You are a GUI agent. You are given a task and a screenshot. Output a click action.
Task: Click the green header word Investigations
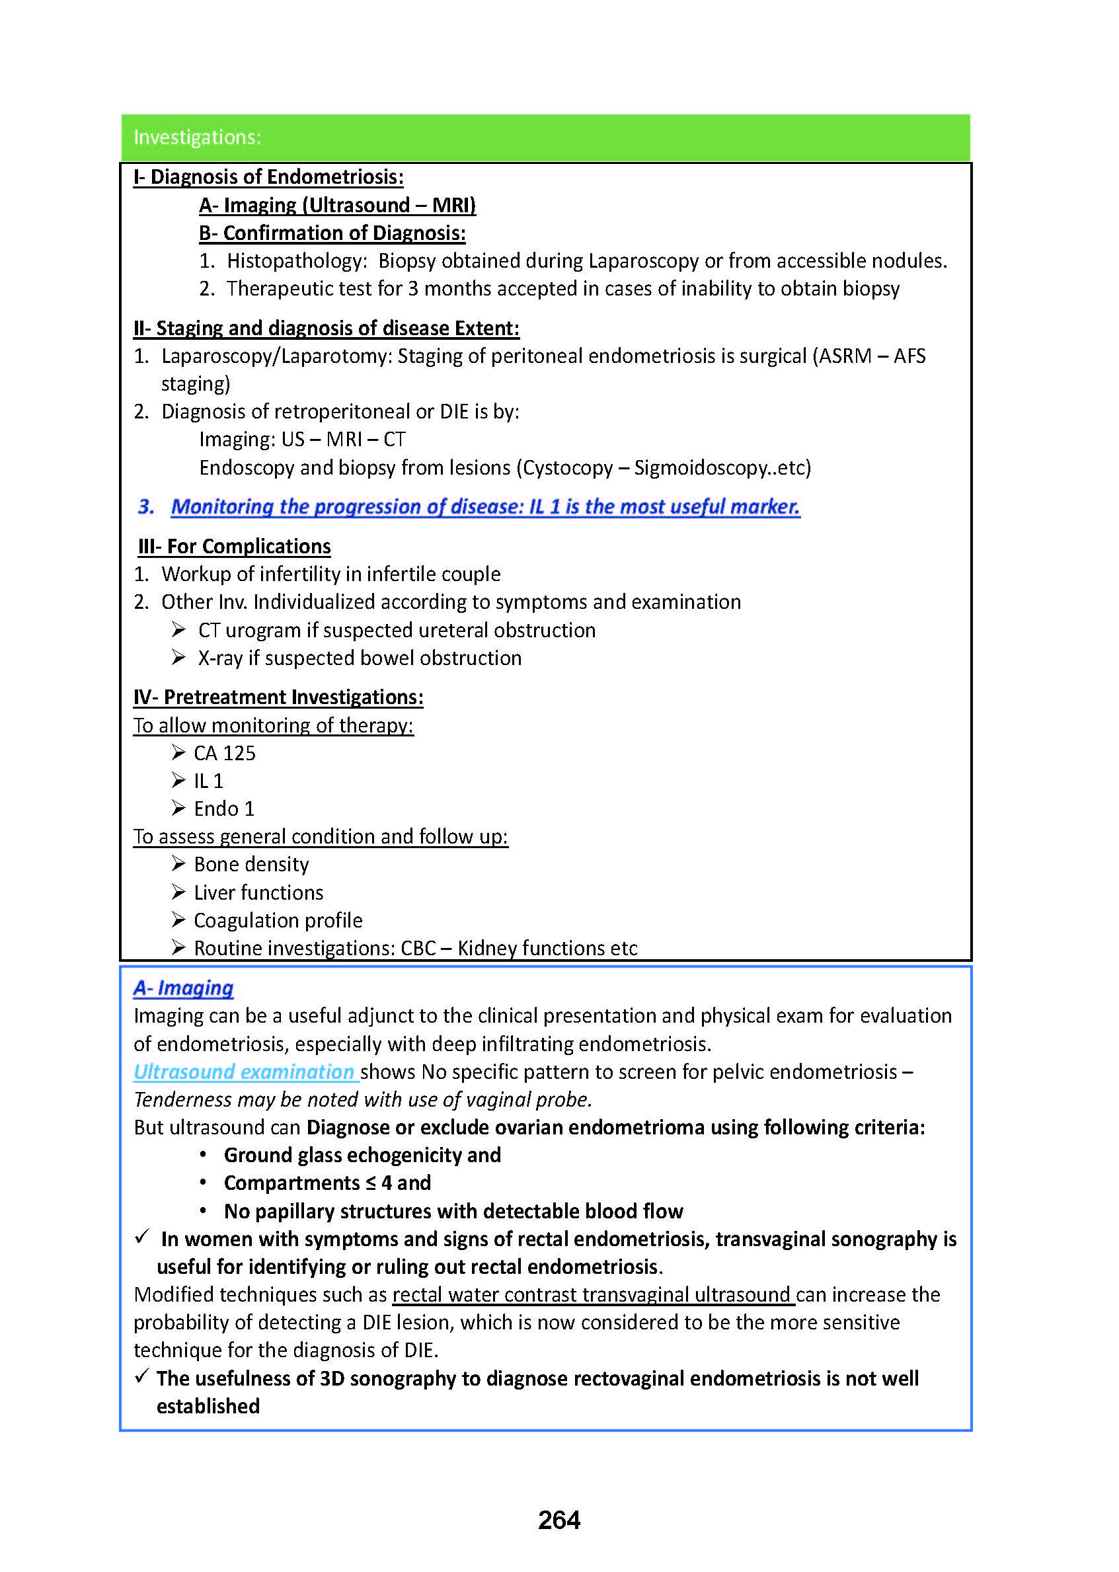[197, 137]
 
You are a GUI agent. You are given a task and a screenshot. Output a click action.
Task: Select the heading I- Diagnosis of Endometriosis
[268, 177]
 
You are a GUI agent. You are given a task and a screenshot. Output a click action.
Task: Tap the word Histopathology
[297, 261]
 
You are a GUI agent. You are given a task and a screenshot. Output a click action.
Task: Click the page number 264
[559, 1520]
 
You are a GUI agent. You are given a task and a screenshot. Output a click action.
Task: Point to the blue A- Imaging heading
[183, 988]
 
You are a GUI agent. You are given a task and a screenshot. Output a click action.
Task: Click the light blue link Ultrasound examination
[245, 1072]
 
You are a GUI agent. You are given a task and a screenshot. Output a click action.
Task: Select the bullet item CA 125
[224, 753]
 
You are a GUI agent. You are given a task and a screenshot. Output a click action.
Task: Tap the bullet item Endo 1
[224, 808]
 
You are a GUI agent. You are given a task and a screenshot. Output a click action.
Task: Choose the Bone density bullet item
[251, 864]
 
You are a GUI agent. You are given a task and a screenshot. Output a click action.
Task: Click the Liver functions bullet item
[258, 892]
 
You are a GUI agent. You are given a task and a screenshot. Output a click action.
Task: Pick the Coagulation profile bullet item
[278, 920]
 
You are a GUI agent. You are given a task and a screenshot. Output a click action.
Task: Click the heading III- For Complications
[234, 547]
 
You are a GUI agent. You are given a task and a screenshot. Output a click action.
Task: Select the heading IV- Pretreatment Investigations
[278, 697]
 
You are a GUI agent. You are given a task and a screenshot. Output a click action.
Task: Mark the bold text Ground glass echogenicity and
[362, 1155]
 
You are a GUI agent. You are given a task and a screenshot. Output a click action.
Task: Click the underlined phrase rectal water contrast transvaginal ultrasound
[594, 1294]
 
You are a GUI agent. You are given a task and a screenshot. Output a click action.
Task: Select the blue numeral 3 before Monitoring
[145, 506]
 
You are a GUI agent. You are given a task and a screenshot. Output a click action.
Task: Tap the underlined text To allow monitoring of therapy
[274, 726]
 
